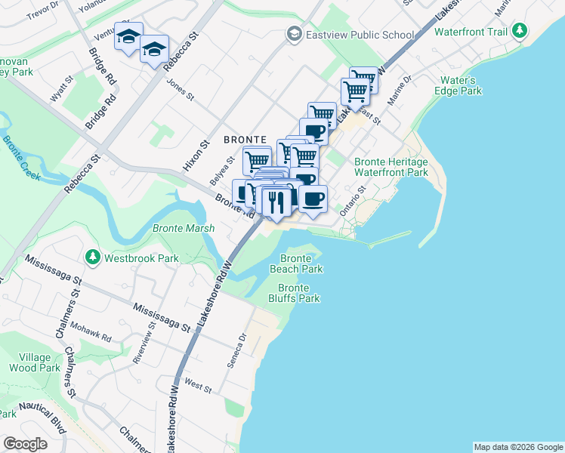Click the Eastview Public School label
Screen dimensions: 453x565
(x=360, y=35)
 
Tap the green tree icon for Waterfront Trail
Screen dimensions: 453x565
(x=519, y=31)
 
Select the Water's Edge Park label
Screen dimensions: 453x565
(x=458, y=85)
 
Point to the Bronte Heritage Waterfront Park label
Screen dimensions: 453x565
(x=391, y=167)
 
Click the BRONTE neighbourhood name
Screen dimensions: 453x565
(x=245, y=140)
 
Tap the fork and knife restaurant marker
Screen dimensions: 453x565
(x=276, y=202)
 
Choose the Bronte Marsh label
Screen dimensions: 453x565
(x=184, y=228)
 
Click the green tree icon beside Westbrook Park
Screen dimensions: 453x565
(x=93, y=257)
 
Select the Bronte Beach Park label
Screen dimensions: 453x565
(x=296, y=263)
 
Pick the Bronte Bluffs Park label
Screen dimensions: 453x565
(x=298, y=293)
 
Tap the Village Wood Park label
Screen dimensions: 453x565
(x=35, y=362)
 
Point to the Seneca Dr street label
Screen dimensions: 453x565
(x=236, y=351)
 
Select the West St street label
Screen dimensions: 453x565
(x=197, y=387)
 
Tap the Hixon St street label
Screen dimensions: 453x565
(x=204, y=133)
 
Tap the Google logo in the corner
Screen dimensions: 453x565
(x=25, y=444)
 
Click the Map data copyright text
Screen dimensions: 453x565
(x=517, y=447)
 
